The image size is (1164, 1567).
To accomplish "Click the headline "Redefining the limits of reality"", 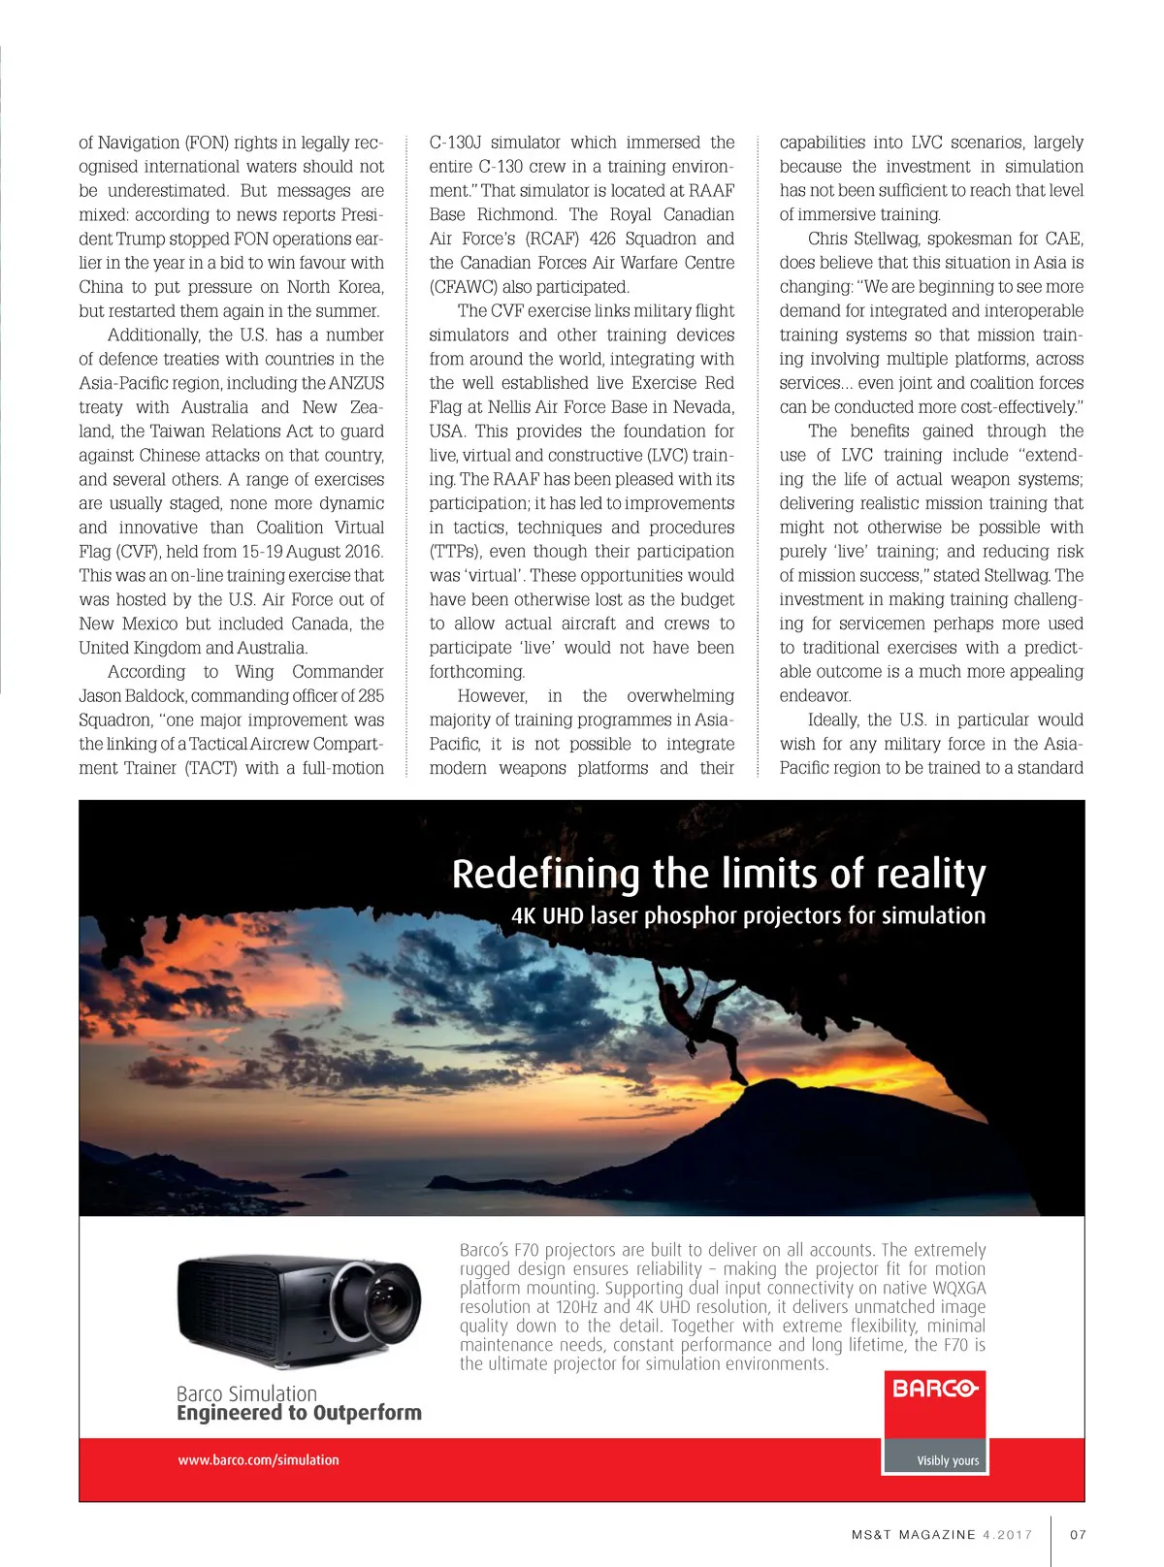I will click(x=719, y=874).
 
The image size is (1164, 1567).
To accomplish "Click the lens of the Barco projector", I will click(x=388, y=1299).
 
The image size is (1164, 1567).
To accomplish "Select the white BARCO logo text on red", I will click(x=934, y=1389).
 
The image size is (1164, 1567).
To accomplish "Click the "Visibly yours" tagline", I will click(x=948, y=1460).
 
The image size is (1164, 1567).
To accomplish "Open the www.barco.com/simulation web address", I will click(x=258, y=1459).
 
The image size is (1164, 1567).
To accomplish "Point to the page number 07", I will click(x=1078, y=1534).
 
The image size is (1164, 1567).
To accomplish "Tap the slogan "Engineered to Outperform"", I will click(x=299, y=1413).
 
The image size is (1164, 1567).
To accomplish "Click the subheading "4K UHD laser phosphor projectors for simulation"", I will click(x=748, y=915).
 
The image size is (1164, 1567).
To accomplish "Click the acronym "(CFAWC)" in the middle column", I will click(x=464, y=287).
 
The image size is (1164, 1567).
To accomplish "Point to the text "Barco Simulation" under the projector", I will click(x=246, y=1393).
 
